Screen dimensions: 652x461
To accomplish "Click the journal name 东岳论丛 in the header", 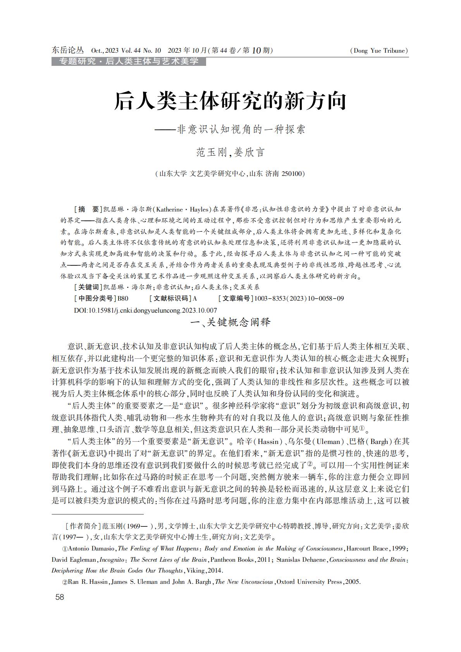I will pyautogui.click(x=68, y=50).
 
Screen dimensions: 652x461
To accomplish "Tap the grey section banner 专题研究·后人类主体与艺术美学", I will pyautogui.click(x=129, y=61).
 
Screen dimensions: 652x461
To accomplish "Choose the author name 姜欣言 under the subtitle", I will pyautogui.click(x=249, y=152).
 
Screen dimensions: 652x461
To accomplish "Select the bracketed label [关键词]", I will pyautogui.click(x=88, y=287).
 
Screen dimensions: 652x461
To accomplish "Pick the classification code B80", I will pyautogui.click(x=123, y=298).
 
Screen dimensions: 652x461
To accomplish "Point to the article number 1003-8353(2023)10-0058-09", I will pyautogui.click(x=299, y=298).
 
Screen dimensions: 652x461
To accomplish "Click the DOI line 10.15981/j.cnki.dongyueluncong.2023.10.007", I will pyautogui.click(x=145, y=310).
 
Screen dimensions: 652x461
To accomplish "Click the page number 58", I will pyautogui.click(x=60, y=597).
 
